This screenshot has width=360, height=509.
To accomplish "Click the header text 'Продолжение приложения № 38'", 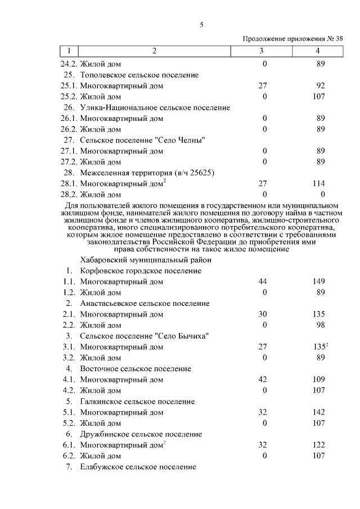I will (x=292, y=39).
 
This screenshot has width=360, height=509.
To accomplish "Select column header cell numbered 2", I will (x=154, y=51).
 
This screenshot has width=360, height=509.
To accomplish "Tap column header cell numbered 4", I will (x=318, y=51).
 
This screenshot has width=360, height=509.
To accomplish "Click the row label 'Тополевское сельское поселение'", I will (x=139, y=75).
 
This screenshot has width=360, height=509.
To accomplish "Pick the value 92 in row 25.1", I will (x=321, y=86).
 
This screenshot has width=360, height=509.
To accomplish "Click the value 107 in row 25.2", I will (x=319, y=97).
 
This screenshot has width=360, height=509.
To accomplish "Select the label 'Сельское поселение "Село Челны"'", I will (x=142, y=140).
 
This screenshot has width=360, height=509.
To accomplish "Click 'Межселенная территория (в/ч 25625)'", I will (x=147, y=173).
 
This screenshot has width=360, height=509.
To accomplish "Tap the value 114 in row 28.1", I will (x=319, y=184).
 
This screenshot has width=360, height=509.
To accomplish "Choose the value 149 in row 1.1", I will (x=319, y=281).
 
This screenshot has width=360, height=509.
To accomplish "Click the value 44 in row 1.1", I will (x=262, y=281).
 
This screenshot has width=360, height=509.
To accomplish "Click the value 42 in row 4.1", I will (x=262, y=380).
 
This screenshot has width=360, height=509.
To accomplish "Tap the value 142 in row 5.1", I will (x=319, y=412).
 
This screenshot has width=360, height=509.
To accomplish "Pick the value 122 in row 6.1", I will (x=319, y=445).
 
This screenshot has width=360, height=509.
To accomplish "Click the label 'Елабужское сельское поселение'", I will (x=138, y=467).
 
